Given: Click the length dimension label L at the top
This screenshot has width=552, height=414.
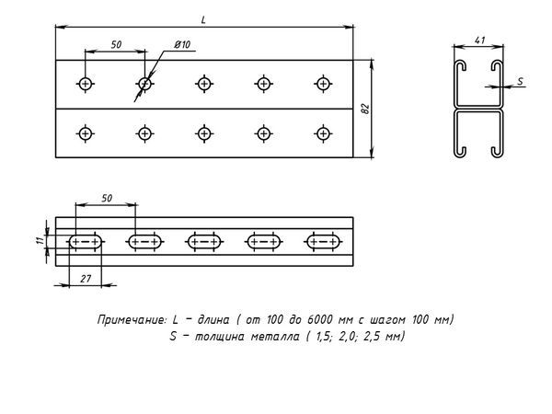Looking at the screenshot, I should [x=202, y=19].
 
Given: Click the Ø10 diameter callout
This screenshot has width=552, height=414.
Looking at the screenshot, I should [x=181, y=45].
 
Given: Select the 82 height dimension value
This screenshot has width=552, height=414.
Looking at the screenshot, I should [x=365, y=109].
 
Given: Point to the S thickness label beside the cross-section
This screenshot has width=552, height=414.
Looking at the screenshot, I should [x=520, y=82].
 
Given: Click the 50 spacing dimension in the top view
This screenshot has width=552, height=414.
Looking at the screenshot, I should [x=116, y=44].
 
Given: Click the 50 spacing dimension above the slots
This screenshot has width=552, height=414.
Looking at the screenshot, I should [x=106, y=198].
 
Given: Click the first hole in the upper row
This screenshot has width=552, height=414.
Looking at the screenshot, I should [x=86, y=85].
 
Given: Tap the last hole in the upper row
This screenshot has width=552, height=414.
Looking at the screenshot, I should [x=322, y=85].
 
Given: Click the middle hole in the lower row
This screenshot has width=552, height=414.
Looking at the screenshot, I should [x=204, y=134].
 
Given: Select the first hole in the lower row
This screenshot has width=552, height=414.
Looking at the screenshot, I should [x=86, y=134].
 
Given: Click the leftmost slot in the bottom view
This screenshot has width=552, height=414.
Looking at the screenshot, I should [x=86, y=242].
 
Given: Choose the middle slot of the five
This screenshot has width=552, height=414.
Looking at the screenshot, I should [x=204, y=242].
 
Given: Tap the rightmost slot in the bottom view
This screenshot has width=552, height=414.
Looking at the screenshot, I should [x=322, y=242].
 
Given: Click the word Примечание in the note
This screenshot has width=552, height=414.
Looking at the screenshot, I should [x=131, y=319].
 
